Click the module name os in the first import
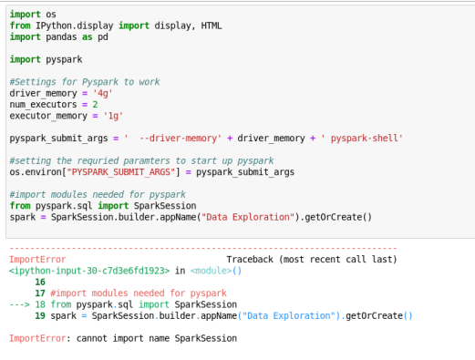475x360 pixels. [x=51, y=15]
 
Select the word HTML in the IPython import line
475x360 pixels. [x=212, y=26]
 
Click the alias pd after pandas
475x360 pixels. [x=103, y=37]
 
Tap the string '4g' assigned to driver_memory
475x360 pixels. [x=103, y=93]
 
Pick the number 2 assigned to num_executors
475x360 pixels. [x=95, y=105]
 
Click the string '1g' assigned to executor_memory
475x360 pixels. [x=113, y=116]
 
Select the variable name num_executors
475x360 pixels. [x=43, y=105]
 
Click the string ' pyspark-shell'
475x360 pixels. [x=362, y=139]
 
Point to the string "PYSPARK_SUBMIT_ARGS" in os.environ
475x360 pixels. [x=121, y=172]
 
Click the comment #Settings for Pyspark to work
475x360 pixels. [x=85, y=82]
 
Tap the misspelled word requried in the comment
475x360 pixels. [x=98, y=160]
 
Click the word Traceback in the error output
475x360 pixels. [x=250, y=260]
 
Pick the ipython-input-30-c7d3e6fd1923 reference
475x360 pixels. [x=89, y=271]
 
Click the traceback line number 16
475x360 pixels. [x=40, y=282]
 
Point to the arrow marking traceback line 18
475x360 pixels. [x=20, y=304]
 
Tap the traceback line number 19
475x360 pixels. [x=40, y=315]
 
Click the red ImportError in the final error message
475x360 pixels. [x=37, y=338]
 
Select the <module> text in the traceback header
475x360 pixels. [x=211, y=271]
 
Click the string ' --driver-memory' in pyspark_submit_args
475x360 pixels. [x=172, y=139]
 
